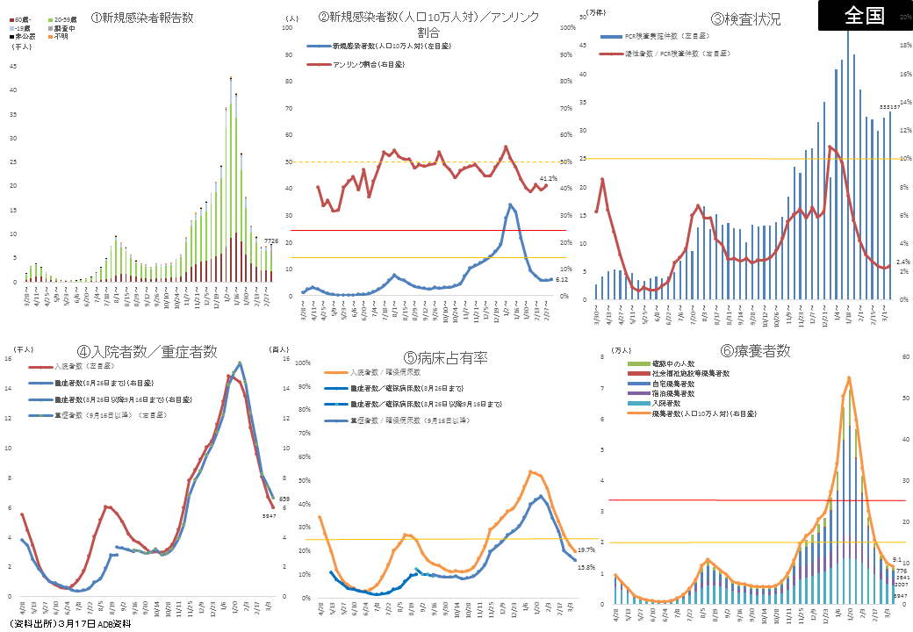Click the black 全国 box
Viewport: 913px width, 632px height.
pyautogui.click(x=864, y=15)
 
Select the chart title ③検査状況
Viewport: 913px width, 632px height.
pyautogui.click(x=745, y=18)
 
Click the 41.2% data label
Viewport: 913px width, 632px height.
pyautogui.click(x=549, y=178)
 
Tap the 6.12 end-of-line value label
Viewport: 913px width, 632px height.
pyautogui.click(x=563, y=279)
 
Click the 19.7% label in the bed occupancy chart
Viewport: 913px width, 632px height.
pyautogui.click(x=586, y=549)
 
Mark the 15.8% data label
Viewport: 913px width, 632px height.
pyautogui.click(x=586, y=567)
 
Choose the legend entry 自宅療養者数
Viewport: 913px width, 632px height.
pyautogui.click(x=675, y=383)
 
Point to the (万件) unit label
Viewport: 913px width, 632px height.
pyautogui.click(x=595, y=15)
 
